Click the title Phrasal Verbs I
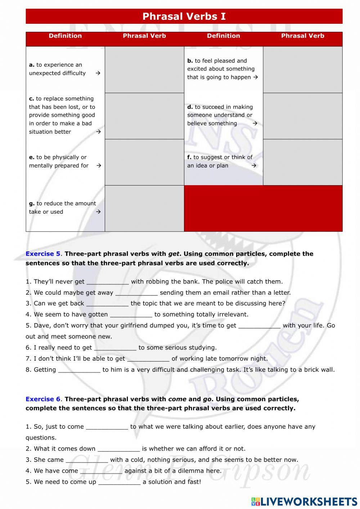(184, 17)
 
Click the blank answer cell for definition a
(144, 70)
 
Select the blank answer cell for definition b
(302, 70)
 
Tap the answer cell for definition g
(144, 208)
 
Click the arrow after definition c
(98, 132)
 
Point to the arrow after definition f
(254, 166)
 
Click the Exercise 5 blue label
(43, 254)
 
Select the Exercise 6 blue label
(43, 399)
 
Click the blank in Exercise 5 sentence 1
(107, 282)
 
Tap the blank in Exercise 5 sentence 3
(107, 304)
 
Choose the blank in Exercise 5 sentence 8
(79, 370)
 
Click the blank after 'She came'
(87, 460)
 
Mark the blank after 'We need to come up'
(119, 482)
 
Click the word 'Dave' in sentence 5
(41, 326)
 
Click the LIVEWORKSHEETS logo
(304, 501)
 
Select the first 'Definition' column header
(65, 36)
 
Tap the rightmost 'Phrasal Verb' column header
(302, 36)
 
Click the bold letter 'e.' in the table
(32, 157)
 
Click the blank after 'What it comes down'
(118, 449)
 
